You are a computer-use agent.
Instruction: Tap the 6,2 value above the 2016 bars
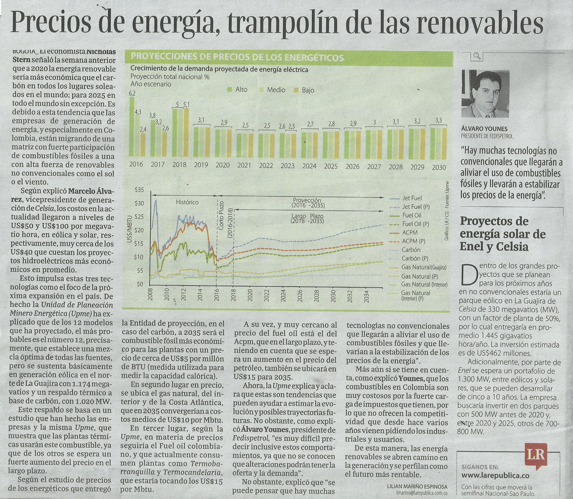click(132, 94)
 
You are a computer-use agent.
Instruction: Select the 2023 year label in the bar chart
click(287, 166)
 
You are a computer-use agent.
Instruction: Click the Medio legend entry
click(272, 90)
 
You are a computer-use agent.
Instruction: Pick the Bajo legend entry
click(305, 90)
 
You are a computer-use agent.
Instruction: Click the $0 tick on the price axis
click(140, 284)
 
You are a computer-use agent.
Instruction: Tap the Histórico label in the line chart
click(187, 202)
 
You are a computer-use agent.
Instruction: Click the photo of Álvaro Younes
click(485, 94)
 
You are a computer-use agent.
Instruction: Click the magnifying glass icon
click(477, 56)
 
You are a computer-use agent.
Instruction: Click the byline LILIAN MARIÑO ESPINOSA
click(417, 486)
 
